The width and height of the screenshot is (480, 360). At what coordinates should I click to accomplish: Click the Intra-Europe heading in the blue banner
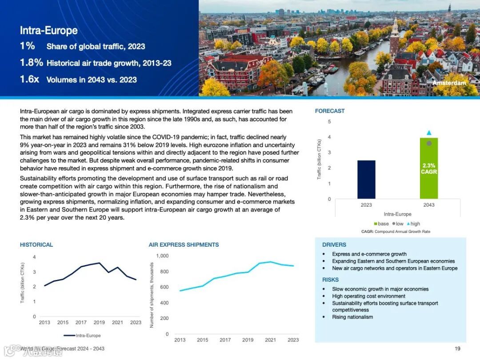[49, 30]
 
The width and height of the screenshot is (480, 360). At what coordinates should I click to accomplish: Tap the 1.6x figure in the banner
[30, 80]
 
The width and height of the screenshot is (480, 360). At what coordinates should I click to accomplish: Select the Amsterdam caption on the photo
[449, 83]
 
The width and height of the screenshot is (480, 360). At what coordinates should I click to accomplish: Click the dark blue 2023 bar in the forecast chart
[366, 180]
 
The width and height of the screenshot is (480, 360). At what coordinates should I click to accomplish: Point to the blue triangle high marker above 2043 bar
[429, 132]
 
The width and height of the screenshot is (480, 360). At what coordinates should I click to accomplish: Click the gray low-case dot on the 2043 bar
[429, 143]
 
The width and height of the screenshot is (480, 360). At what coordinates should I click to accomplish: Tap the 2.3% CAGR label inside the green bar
[429, 168]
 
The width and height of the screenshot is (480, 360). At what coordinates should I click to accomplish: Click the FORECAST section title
[330, 111]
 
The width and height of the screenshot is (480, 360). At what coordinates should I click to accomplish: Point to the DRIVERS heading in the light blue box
[334, 244]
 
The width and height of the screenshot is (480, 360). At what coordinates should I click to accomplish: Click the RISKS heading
[330, 280]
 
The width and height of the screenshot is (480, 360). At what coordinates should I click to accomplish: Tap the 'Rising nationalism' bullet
[352, 317]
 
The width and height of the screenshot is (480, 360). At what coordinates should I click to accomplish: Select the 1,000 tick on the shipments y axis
[162, 256]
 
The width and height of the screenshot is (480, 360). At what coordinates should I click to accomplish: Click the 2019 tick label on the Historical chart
[99, 322]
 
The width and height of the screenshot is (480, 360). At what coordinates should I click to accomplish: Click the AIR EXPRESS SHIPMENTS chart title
[184, 244]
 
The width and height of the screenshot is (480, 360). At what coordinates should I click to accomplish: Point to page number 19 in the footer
[457, 348]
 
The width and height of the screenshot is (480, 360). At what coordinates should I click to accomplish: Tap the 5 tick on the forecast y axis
[329, 121]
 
